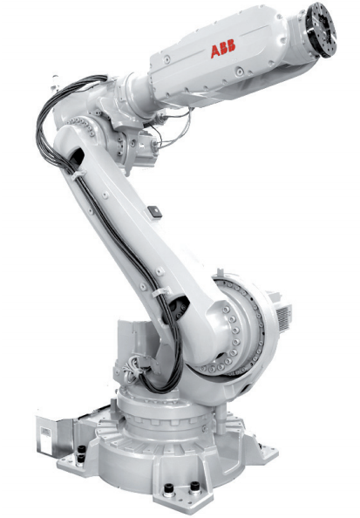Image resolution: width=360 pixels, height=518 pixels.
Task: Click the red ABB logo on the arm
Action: pos(223,49)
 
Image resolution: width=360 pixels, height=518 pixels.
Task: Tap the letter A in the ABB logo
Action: pos(215,51)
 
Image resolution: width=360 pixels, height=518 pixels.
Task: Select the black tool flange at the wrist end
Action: pos(321,30)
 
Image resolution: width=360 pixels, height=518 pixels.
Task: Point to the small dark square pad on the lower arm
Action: pos(155,212)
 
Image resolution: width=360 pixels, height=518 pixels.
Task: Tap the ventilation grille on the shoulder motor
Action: pos(284,317)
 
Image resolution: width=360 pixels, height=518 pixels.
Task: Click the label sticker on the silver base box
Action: pos(45,432)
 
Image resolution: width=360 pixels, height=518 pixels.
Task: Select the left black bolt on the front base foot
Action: pos(169,488)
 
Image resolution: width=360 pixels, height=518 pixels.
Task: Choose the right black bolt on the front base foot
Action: pos(194,487)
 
